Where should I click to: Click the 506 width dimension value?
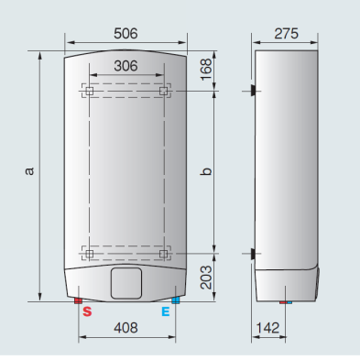125,33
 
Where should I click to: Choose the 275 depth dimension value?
287,33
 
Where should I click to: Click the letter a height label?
30,170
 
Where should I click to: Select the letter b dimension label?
207,170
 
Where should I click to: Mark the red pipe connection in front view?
80,300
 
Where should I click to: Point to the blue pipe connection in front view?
174,300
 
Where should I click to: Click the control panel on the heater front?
125,283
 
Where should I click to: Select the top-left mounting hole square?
90,91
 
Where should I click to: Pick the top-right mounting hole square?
163,91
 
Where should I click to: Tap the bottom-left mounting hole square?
90,252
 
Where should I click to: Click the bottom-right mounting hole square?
163,252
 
